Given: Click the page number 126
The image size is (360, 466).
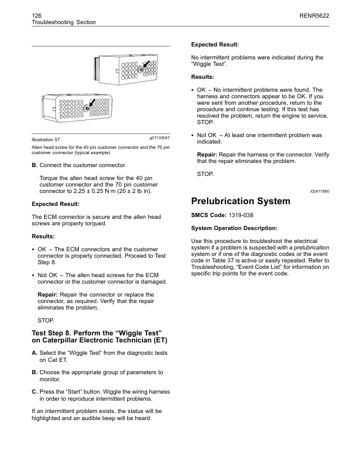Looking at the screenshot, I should (36, 12).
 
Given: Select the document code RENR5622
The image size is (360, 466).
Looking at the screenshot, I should (314, 12).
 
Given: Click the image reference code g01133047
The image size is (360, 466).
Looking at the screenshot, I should (156, 137).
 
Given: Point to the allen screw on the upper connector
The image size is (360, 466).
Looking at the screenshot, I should (142, 69).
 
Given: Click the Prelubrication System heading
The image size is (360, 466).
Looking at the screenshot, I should (241, 201).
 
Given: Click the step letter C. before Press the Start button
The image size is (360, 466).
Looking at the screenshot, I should (35, 392).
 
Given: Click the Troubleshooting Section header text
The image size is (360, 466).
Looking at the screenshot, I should (63, 22).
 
